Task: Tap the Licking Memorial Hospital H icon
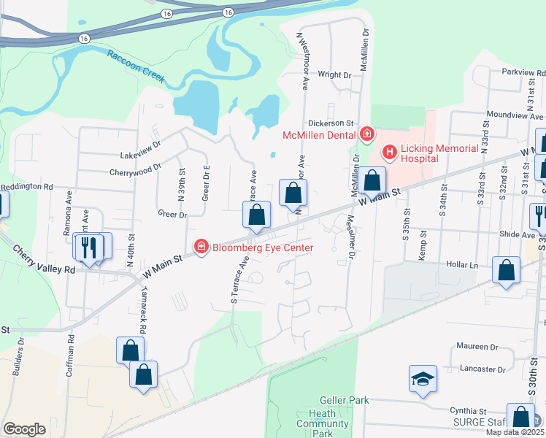[x=389, y=152]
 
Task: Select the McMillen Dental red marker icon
[x=366, y=134]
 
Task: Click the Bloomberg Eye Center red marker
[x=200, y=247]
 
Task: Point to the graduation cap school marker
[x=423, y=379]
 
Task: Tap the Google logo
[x=24, y=429]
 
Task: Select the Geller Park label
[x=344, y=400]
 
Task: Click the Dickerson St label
[x=331, y=124]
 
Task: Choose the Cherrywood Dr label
[x=135, y=173]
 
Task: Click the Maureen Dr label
[x=477, y=347]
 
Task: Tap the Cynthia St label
[x=468, y=412]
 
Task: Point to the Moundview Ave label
[x=516, y=116]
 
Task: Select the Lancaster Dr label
[x=483, y=369]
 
